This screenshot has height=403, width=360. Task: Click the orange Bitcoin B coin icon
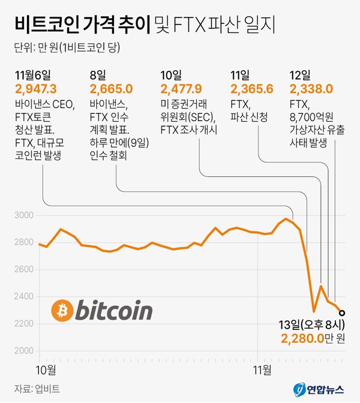point(62,311)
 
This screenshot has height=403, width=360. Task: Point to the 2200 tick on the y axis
point(23,323)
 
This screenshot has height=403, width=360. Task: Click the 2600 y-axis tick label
point(23,270)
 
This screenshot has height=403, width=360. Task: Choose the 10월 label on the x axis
point(46,367)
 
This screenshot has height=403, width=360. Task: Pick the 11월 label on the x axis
point(261,367)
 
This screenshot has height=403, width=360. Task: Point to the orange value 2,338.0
point(311,89)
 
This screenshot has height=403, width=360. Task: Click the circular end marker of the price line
point(342,312)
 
